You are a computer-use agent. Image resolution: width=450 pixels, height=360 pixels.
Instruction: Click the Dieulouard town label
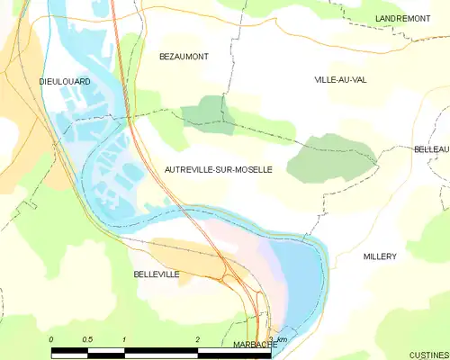(x=65, y=81)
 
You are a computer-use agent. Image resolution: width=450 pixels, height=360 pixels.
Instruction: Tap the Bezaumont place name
(x=184, y=56)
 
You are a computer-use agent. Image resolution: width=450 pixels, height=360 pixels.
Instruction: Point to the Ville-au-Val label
(x=340, y=79)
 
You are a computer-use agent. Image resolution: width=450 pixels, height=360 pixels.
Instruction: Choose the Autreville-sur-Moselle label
(x=219, y=168)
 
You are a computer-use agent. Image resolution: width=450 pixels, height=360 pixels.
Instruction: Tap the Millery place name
(x=380, y=256)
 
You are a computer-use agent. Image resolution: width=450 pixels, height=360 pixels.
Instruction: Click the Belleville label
(x=157, y=274)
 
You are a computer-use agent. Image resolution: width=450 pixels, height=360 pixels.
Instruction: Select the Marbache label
(x=255, y=344)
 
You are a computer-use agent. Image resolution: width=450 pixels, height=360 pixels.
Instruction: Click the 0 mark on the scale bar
(x=51, y=339)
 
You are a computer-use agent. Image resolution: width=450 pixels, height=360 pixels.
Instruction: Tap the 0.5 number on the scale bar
(x=87, y=339)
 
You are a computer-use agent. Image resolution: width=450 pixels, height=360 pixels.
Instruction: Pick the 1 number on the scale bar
(x=123, y=339)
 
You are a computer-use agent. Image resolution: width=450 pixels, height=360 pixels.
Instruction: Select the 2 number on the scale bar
(x=197, y=339)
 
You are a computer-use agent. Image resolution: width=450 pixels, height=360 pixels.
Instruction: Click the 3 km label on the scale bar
(x=277, y=339)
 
